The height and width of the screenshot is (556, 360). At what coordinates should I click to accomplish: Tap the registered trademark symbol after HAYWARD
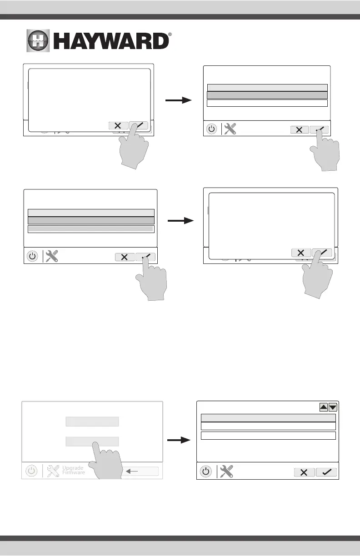pyautogui.click(x=170, y=35)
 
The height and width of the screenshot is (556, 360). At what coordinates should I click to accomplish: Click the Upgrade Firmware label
pyautogui.click(x=74, y=470)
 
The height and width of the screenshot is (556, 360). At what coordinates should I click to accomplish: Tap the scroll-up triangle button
pyautogui.click(x=324, y=407)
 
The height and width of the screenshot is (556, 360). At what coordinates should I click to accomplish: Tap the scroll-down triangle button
pyautogui.click(x=333, y=407)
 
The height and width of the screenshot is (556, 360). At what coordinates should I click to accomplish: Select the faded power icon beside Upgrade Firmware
pyautogui.click(x=31, y=471)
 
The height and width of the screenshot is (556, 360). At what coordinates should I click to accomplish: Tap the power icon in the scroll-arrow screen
pyautogui.click(x=206, y=472)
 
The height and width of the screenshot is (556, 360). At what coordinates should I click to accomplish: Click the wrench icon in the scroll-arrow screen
pyautogui.click(x=226, y=472)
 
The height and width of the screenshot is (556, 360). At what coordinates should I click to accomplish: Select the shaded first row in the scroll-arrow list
pyautogui.click(x=268, y=418)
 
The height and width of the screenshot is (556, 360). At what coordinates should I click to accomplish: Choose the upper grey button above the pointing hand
pyautogui.click(x=92, y=422)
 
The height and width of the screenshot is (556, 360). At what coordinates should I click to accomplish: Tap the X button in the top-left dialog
pyautogui.click(x=118, y=126)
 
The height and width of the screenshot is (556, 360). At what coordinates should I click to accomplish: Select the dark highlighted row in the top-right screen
pyautogui.click(x=267, y=95)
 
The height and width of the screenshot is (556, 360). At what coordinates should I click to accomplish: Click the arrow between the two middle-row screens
pyautogui.click(x=180, y=221)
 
